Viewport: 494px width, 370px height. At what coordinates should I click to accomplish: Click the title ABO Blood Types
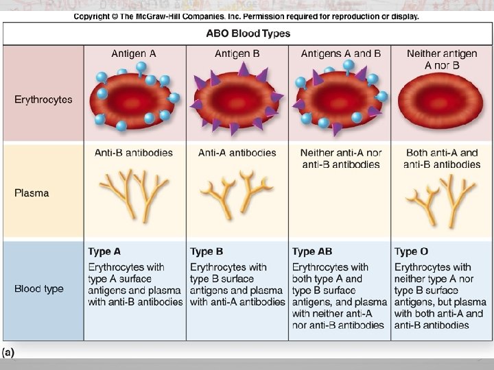tap(248, 33)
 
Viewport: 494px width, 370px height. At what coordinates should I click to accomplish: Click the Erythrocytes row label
tap(43, 99)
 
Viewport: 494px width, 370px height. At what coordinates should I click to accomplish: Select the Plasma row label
tap(32, 193)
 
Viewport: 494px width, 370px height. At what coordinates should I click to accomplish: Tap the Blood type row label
tap(39, 288)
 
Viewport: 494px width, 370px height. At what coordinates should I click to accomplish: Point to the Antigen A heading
tap(134, 53)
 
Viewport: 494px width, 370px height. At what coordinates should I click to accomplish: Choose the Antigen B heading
tap(237, 53)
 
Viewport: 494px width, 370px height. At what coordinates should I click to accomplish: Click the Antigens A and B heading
tap(340, 53)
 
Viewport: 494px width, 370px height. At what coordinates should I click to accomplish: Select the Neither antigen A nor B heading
tap(442, 59)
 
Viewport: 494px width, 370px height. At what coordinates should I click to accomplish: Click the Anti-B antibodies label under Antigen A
tap(134, 153)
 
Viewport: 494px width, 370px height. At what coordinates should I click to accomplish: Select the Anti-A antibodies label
tap(237, 153)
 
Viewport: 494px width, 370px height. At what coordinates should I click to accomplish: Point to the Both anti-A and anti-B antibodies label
tap(442, 158)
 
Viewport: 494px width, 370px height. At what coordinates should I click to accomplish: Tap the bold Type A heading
tap(104, 252)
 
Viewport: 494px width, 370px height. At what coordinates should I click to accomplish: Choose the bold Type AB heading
tap(312, 252)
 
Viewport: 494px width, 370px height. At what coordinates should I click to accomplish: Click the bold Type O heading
tap(411, 252)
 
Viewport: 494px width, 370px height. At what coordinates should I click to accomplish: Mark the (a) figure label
tap(8, 352)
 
